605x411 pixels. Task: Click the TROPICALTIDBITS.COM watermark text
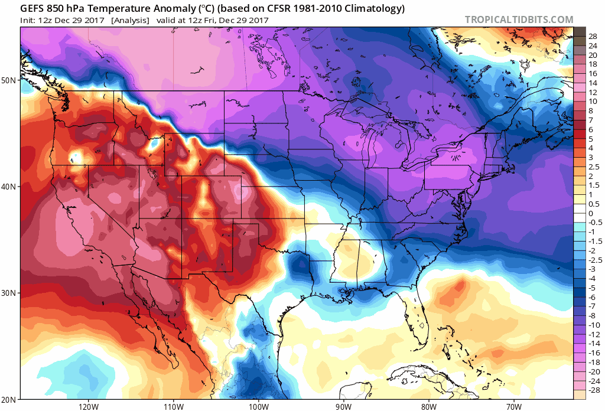click(519, 19)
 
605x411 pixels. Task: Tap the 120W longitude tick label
click(87, 406)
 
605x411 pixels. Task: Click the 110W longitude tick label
click(173, 406)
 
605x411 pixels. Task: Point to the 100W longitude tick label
click(258, 406)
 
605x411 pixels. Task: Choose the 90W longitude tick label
click(344, 406)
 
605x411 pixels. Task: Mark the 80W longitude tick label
click(429, 406)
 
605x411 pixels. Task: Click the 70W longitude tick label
click(514, 406)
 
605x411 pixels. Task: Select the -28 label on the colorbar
click(593, 391)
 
